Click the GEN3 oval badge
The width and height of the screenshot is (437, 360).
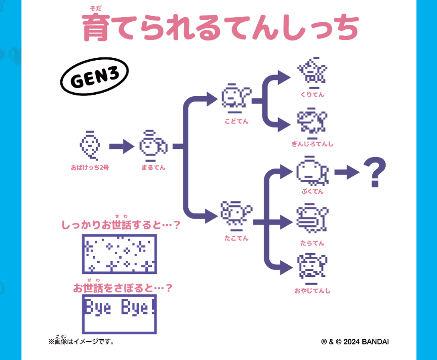94,79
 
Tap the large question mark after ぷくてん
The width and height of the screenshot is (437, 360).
375,173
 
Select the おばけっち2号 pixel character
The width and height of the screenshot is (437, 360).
89,145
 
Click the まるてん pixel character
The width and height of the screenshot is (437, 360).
152,146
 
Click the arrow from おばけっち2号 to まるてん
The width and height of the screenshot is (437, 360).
120,147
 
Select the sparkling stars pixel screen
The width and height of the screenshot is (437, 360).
119,253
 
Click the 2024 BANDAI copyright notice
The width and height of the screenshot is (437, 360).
355,342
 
